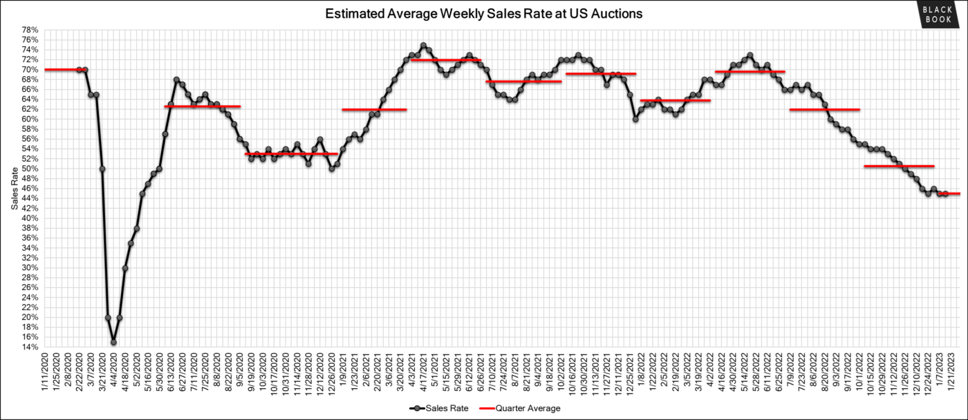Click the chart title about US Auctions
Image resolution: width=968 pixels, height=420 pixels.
coord(483,13)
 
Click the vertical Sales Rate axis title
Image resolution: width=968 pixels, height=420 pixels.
coord(14,188)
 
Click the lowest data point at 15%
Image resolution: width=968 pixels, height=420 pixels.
coord(113,342)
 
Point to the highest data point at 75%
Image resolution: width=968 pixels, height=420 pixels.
coord(423,46)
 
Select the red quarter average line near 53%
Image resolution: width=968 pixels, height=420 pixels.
coord(290,153)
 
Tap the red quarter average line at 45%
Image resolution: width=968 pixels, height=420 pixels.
coord(949,193)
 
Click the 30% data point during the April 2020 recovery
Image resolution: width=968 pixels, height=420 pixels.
coord(125,268)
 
